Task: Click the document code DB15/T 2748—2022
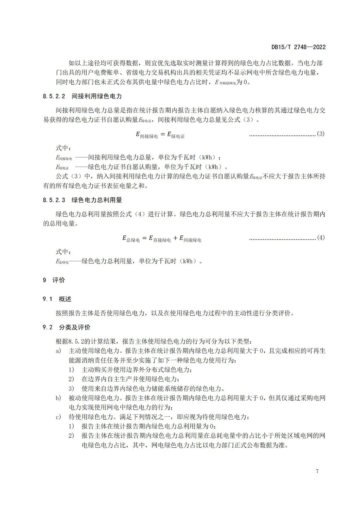[x=298, y=47]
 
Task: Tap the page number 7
[x=317, y=471]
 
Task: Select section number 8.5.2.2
[x=54, y=96]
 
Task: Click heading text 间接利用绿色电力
[x=97, y=96]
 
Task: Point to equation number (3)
[x=320, y=134]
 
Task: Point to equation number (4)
[x=320, y=238]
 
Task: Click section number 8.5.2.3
[x=54, y=200]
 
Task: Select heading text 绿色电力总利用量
[x=97, y=200]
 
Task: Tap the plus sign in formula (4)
[x=175, y=238]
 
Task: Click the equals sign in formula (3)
[x=163, y=134]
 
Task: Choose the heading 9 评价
[x=54, y=280]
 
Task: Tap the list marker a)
[x=59, y=351]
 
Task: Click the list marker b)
[x=59, y=398]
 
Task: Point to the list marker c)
[x=59, y=417]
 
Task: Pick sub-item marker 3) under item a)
[x=71, y=388]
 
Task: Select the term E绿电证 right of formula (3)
[x=176, y=135]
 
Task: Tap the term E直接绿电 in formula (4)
[x=160, y=239]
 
